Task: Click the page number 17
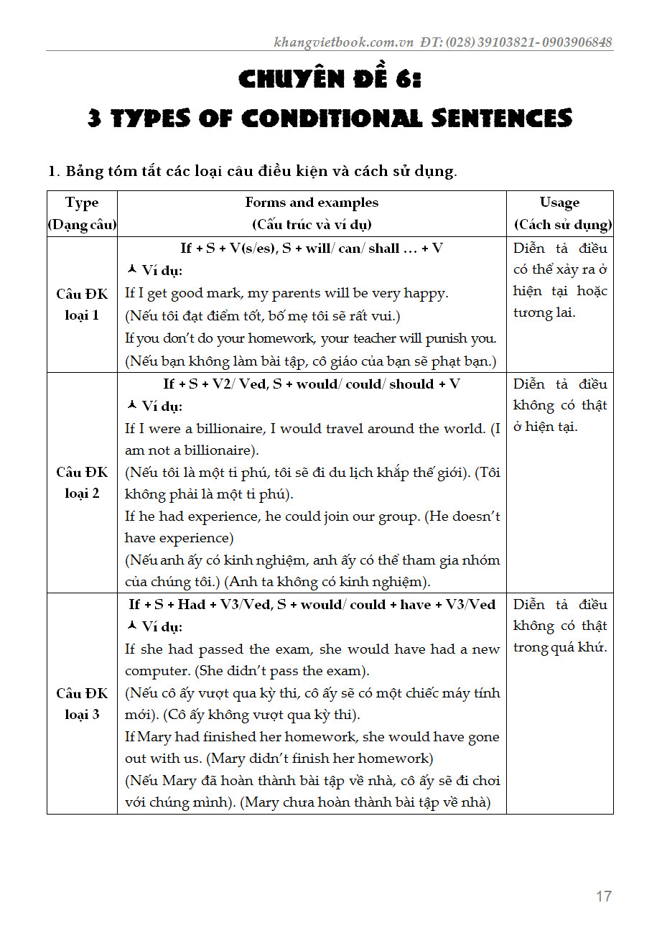point(603,896)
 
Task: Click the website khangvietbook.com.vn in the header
point(344,42)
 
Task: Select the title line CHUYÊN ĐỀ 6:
point(330,78)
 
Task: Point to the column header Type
point(82,203)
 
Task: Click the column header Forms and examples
point(312,203)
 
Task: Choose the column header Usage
point(559,203)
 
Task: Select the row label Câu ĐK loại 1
point(82,305)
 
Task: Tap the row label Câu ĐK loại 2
point(82,483)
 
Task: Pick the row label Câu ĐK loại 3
point(82,704)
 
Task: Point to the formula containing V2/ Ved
point(312,384)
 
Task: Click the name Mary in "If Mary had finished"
point(154,737)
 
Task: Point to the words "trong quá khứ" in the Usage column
point(559,647)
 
